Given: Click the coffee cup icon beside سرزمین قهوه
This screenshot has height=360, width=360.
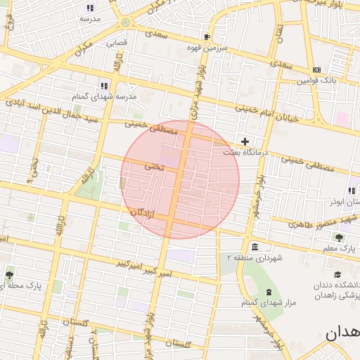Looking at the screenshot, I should [207, 37].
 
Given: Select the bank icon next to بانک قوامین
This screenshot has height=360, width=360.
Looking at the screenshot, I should [316, 70].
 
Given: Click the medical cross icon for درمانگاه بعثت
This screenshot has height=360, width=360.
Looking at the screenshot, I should [245, 141].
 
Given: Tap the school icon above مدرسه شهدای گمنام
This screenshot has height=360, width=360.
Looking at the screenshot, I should [105, 85].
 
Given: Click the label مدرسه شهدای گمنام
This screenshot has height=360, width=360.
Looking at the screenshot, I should [104, 96].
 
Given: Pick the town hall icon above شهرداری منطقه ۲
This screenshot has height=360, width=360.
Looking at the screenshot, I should [253, 247].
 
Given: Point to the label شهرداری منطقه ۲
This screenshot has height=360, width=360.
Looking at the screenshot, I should [253, 258].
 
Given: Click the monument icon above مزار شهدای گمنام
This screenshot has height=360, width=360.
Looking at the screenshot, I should [268, 292].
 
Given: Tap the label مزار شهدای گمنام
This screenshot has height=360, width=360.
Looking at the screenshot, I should [266, 303].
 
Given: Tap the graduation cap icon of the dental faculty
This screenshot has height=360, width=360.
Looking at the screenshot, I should [338, 275].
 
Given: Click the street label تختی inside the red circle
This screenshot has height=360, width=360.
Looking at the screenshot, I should [154, 167].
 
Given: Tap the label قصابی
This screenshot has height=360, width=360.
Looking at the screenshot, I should [117, 42].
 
